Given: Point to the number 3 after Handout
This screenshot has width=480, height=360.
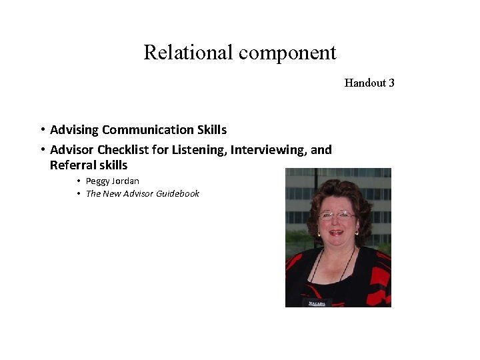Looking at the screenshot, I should pos(391,83).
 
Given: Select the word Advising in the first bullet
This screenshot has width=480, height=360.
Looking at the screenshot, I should pos(74,130).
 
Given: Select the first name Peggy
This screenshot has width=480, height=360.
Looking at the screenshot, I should pos(99,181).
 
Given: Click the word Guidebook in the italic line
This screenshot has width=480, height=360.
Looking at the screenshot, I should pos(177,194).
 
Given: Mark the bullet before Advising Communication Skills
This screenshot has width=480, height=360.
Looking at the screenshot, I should pos(42,130).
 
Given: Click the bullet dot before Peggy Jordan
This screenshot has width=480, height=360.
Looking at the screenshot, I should pos(79,181).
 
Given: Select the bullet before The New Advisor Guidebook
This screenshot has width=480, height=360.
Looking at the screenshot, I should pos(79,194).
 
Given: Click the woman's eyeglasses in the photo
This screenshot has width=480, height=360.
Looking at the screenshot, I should pos(337,216).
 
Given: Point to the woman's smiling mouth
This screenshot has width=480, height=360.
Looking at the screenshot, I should pos(337,233).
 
